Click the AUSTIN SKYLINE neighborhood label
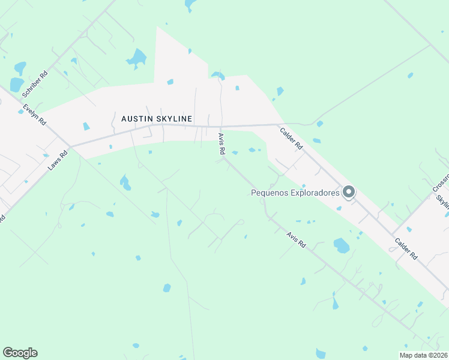(x=157, y=119)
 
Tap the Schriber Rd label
(x=35, y=85)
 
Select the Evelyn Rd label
(x=34, y=115)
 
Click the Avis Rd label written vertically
(x=220, y=145)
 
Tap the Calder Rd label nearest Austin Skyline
(x=291, y=138)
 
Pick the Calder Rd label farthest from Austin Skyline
(x=406, y=248)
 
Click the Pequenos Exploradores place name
(x=295, y=193)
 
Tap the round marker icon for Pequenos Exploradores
(x=349, y=192)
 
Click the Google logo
(x=20, y=353)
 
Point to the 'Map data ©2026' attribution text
(x=423, y=355)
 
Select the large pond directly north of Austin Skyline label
(x=137, y=58)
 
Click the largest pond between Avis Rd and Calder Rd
(x=341, y=245)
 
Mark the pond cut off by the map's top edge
(x=190, y=5)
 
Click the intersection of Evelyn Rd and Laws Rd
(x=71, y=146)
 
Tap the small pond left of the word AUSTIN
(x=86, y=126)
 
